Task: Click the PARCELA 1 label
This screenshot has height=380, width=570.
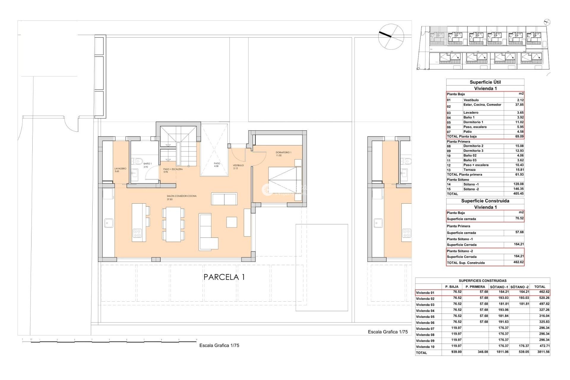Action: tap(224, 277)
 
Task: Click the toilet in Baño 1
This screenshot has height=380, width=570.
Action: tap(138, 161)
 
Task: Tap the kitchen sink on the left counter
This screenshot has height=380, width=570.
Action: tap(109, 223)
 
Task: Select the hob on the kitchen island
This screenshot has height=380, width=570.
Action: tap(137, 233)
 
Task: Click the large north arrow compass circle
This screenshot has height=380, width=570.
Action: tap(391, 37)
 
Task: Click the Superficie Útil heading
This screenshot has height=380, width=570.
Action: tap(485, 82)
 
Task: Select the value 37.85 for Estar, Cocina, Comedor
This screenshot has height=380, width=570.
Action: tap(519, 105)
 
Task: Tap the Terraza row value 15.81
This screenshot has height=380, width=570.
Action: tap(519, 170)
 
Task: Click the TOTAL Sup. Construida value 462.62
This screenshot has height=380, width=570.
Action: tap(518, 262)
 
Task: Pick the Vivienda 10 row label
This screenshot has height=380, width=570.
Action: tap(425, 347)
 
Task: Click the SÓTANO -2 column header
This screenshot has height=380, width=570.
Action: tap(519, 287)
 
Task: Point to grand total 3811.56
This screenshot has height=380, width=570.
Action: tap(543, 352)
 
